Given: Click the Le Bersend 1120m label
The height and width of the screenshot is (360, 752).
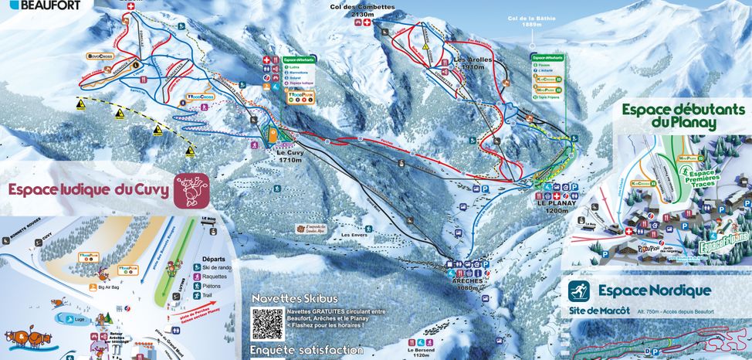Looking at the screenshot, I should [x=421, y=352].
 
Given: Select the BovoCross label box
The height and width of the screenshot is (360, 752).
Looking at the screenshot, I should [x=101, y=56].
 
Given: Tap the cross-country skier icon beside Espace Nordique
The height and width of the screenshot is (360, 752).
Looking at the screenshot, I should [x=579, y=291].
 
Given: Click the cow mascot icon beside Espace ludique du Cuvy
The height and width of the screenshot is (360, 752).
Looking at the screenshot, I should [x=191, y=190].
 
